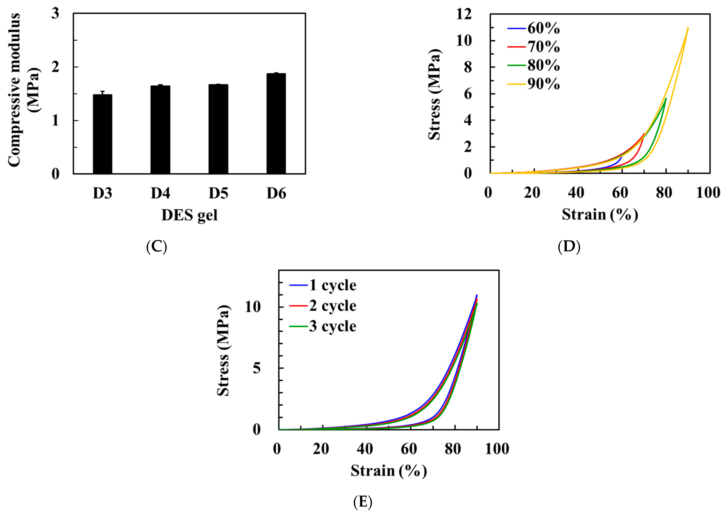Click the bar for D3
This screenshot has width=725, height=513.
(x=103, y=134)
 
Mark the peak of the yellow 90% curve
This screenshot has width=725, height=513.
(x=688, y=28)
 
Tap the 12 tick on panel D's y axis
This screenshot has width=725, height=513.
(x=464, y=14)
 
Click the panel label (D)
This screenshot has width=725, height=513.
(x=569, y=247)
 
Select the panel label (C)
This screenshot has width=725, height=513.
(x=157, y=247)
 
